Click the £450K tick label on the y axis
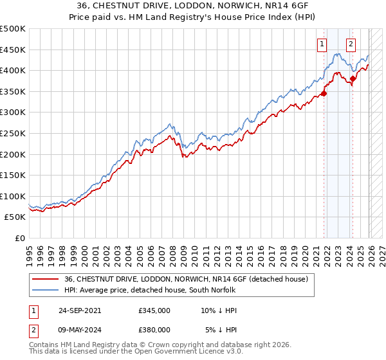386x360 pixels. [12, 50]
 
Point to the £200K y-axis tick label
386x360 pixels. [12, 154]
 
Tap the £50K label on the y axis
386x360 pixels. [15, 217]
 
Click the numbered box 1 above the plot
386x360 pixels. [321, 44]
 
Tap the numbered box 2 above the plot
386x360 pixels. [351, 44]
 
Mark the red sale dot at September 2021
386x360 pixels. [324, 94]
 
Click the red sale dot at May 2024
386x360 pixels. [353, 79]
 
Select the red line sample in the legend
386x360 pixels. [46, 279]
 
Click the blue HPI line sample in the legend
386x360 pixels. [46, 290]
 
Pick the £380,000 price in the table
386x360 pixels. [154, 329]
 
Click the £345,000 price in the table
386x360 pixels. [154, 310]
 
